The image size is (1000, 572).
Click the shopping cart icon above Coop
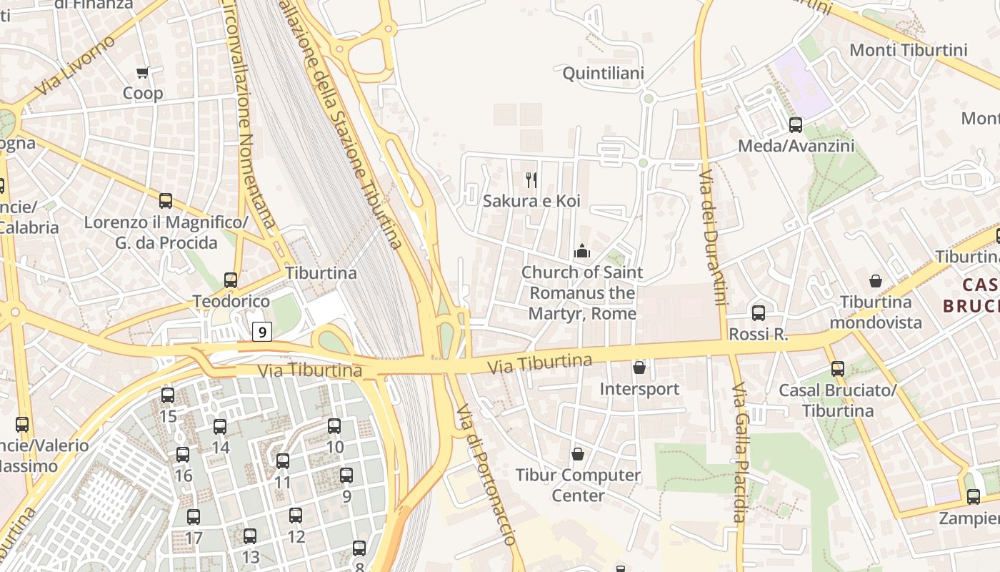pyautogui.click(x=142, y=72)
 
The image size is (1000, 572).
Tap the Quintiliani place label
pyautogui.click(x=604, y=74)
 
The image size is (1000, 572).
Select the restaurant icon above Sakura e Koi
pyautogui.click(x=531, y=179)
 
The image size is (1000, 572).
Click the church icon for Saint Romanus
pyautogui.click(x=582, y=251)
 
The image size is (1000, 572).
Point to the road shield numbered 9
pyautogui.click(x=263, y=332)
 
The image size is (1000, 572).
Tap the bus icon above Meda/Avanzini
pyautogui.click(x=796, y=125)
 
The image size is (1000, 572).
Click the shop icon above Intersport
pyautogui.click(x=639, y=368)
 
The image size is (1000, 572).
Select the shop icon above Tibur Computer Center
pyautogui.click(x=578, y=454)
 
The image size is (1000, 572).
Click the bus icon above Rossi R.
pyautogui.click(x=759, y=312)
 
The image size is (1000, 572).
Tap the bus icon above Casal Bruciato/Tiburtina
pyautogui.click(x=837, y=369)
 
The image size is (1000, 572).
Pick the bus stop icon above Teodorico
pyautogui.click(x=231, y=280)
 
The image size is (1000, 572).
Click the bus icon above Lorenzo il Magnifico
pyautogui.click(x=166, y=201)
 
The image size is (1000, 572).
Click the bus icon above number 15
pyautogui.click(x=168, y=395)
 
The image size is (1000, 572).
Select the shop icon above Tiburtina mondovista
pyautogui.click(x=876, y=281)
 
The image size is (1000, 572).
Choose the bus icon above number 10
pyautogui.click(x=334, y=426)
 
